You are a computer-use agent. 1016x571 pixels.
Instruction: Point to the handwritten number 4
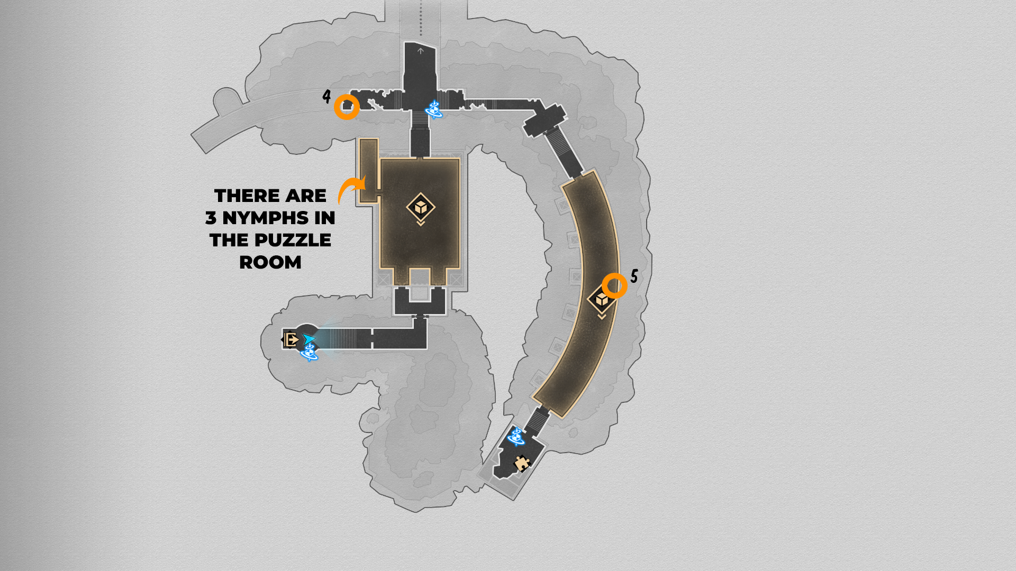tap(326, 96)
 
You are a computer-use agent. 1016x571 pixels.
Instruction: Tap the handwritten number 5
tap(634, 275)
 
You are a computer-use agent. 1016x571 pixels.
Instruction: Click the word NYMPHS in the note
tap(278, 218)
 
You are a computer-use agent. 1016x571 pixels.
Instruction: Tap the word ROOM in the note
tap(270, 262)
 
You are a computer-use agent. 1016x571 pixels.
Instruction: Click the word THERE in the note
tap(247, 196)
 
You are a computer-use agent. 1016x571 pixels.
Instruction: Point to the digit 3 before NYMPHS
tap(211, 218)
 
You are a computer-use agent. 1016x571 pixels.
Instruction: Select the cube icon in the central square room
tap(421, 207)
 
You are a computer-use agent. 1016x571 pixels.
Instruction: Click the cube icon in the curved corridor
tap(602, 300)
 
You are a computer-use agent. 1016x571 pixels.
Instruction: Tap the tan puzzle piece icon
tap(522, 463)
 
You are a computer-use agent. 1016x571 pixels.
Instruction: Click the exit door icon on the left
tap(291, 339)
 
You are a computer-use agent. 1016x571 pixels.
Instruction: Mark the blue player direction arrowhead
tap(309, 338)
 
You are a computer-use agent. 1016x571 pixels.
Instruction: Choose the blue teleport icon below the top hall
tap(434, 109)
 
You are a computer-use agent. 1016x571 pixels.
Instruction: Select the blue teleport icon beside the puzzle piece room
tap(516, 437)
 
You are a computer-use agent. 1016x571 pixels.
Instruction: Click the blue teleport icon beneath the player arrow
tap(309, 352)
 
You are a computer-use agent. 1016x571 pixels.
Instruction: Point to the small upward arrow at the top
tap(421, 51)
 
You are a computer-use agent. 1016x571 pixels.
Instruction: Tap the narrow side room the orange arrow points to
tap(369, 170)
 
